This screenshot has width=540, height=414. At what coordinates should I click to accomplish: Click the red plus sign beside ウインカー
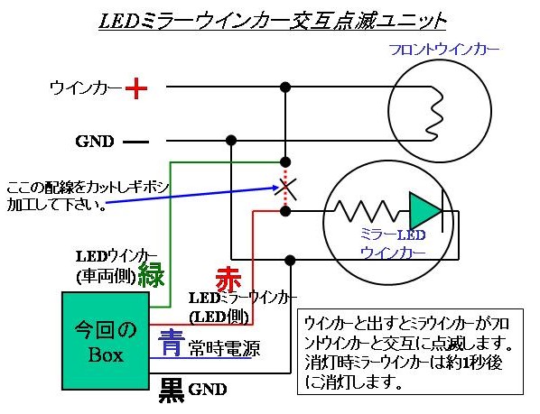136,88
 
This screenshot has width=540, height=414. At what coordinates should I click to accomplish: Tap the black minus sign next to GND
135,142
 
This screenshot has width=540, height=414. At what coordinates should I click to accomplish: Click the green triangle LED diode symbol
425,210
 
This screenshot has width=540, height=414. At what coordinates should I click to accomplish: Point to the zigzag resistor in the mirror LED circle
365,211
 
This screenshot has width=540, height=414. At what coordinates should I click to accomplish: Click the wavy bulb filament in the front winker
434,114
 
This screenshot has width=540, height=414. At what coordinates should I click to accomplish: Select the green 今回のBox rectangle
106,341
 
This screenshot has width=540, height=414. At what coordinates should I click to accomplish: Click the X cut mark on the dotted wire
285,189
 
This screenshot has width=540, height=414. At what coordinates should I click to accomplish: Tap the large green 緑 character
151,274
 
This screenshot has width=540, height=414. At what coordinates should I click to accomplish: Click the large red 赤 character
228,279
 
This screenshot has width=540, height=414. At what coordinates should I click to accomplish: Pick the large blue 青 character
170,342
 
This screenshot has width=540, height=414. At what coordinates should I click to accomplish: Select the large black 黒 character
172,390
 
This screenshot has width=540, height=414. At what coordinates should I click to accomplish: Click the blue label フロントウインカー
444,50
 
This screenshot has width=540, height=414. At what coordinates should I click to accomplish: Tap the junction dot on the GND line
231,141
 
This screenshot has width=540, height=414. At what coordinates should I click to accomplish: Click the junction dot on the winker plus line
285,87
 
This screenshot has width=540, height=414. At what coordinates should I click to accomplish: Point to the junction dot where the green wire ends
285,161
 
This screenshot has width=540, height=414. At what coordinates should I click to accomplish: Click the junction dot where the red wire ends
285,211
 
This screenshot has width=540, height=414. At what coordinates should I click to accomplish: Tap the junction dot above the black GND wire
291,260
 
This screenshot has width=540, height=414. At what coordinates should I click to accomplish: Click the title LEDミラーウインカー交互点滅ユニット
272,21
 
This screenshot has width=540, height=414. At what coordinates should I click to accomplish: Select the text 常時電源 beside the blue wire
224,349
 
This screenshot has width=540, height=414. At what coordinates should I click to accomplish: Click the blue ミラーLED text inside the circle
393,235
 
